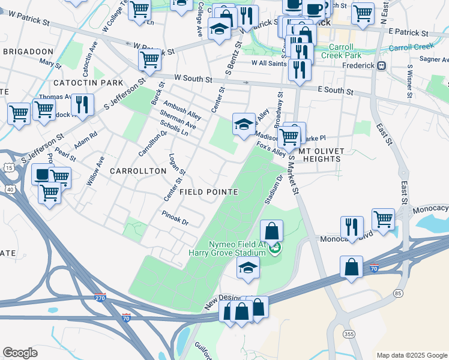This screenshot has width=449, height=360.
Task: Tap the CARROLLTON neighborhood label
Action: click(138, 171)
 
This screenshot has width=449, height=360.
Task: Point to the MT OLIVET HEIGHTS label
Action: click(325, 159)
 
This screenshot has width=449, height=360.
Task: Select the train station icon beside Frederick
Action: click(381, 65)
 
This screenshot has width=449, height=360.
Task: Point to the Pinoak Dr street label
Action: click(175, 218)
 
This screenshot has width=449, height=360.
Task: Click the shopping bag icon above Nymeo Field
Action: click(271, 231)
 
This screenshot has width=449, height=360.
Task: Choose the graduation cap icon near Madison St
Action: click(243, 125)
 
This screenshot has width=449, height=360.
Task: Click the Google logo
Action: click(20, 352)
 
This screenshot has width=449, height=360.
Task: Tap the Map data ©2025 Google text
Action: click(412, 355)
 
